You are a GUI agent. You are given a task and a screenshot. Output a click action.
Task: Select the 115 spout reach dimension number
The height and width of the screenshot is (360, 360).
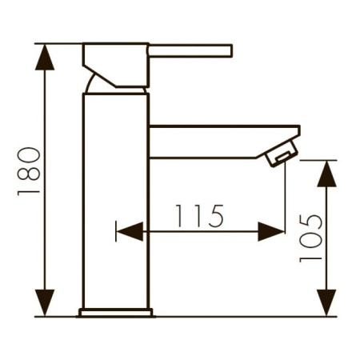point(201,215)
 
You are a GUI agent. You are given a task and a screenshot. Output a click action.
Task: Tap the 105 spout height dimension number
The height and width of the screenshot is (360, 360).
point(312,238)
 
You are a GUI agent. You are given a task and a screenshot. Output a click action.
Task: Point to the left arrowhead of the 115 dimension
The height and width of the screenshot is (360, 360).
point(129,232)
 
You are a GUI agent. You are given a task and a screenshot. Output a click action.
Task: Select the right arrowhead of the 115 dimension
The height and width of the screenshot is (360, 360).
point(272,232)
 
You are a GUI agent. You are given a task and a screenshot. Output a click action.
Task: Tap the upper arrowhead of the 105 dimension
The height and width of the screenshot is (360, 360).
point(326,172)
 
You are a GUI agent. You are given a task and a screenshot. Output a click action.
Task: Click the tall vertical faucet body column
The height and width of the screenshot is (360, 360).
point(116,200)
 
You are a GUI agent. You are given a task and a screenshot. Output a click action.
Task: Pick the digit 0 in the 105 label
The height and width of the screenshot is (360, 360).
point(312,238)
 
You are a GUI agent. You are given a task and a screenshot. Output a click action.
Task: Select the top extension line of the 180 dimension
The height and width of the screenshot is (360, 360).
point(60,43)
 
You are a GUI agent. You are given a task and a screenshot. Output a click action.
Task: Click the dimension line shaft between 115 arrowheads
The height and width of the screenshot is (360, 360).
point(200,232)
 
